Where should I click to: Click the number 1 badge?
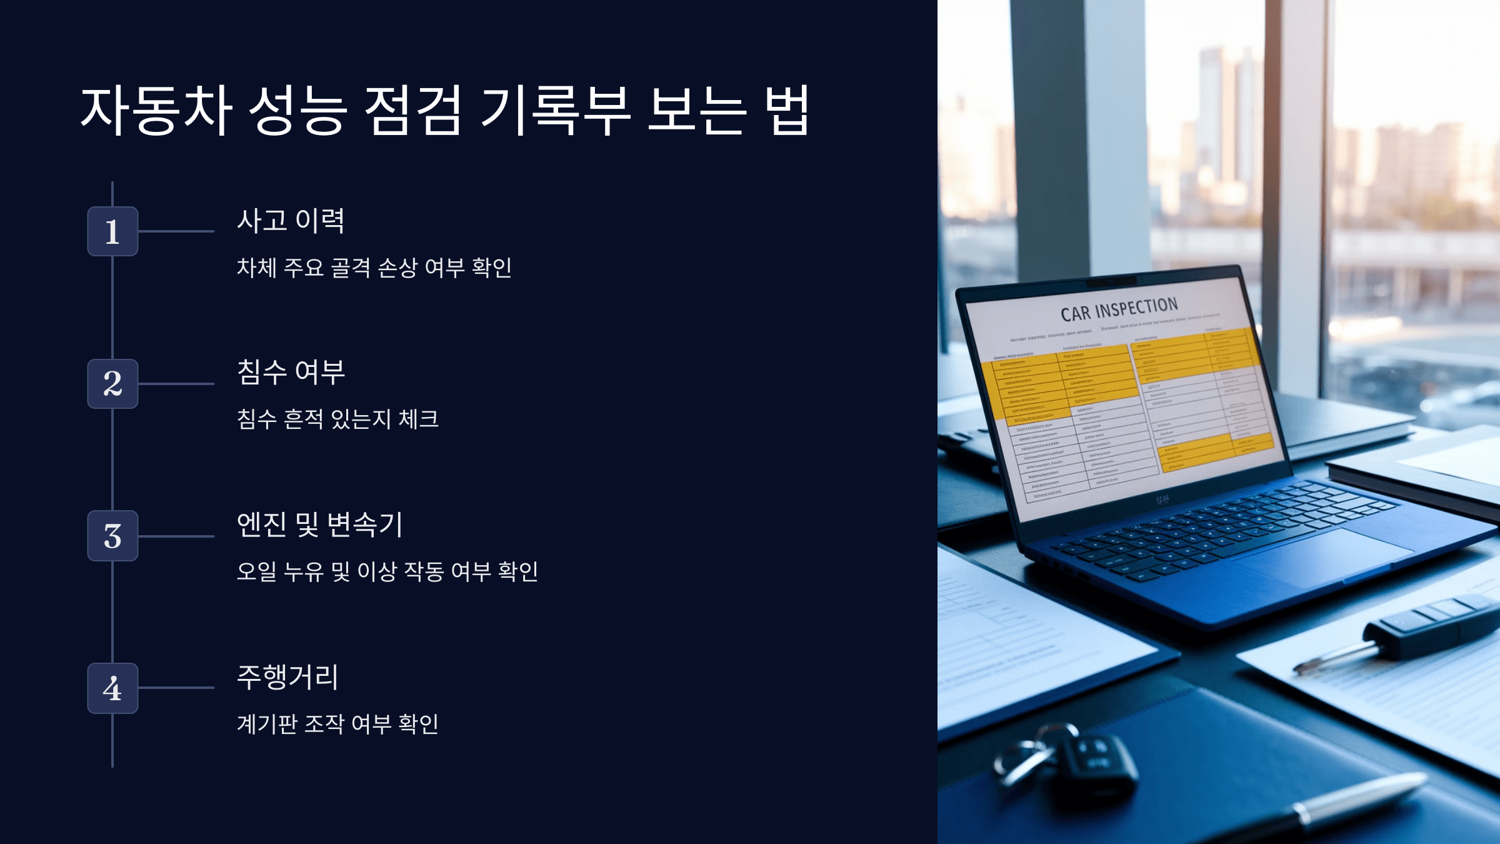click(x=112, y=231)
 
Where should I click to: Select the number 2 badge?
click(x=112, y=384)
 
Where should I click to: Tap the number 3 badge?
click(x=112, y=536)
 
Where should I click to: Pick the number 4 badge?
click(x=112, y=688)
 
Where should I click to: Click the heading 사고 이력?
click(x=291, y=221)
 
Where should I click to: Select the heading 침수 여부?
click(x=291, y=373)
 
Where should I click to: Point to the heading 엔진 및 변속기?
click(x=320, y=525)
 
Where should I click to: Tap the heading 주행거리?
click(x=287, y=677)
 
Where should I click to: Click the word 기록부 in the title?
click(x=555, y=111)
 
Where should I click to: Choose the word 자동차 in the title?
click(x=156, y=111)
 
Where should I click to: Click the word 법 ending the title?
click(x=789, y=111)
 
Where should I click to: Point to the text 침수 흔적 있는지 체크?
click(x=337, y=419)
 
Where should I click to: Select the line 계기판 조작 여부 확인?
click(x=337, y=724)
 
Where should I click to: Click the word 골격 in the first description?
click(x=351, y=268)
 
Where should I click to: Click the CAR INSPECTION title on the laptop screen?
click(x=1119, y=309)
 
